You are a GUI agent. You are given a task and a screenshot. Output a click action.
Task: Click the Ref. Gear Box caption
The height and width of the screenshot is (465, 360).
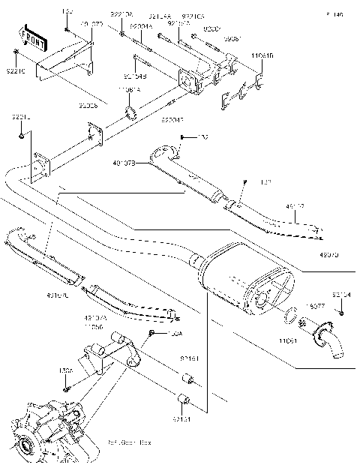(129, 442)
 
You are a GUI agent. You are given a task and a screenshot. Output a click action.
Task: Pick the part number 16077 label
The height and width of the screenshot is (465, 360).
(316, 306)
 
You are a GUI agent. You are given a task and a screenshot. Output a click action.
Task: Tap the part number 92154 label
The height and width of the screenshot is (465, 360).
(341, 295)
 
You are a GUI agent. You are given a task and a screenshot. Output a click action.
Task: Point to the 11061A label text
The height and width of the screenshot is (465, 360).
(129, 90)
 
